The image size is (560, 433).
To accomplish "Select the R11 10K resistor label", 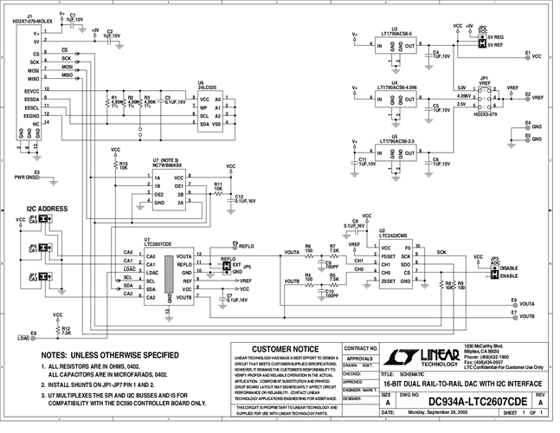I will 218,186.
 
